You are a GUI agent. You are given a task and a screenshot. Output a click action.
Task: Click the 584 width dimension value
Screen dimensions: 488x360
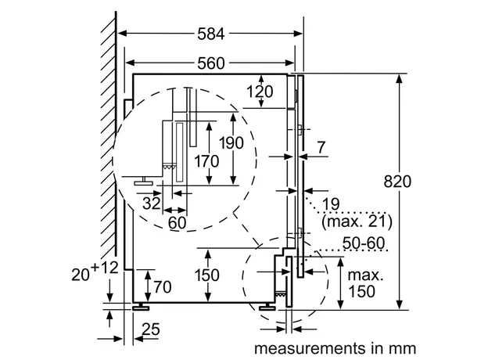point(210,34)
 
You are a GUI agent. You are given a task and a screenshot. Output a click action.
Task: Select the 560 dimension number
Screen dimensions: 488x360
point(210,63)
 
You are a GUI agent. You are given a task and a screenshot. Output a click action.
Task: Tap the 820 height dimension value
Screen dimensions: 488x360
point(397,182)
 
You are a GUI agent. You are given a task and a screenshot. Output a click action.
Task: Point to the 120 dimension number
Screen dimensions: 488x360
point(260,92)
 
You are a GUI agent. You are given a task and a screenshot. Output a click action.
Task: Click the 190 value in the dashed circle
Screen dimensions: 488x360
point(231,143)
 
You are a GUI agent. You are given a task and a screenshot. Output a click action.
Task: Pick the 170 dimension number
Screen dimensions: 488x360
point(206,161)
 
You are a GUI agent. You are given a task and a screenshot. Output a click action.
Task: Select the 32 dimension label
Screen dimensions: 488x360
point(152,203)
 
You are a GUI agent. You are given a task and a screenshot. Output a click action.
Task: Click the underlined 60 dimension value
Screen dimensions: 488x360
point(177,223)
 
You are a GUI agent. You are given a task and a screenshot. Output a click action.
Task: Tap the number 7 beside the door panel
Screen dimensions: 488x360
point(321,147)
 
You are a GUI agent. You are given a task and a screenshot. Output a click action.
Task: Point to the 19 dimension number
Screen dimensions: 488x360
point(331,204)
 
